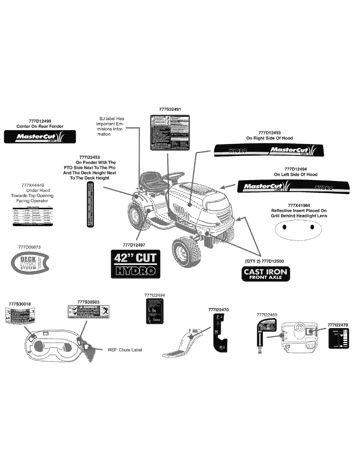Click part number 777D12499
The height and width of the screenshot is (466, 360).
coord(40,121)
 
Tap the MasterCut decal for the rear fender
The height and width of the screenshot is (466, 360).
coord(40,137)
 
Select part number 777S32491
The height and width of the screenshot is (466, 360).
coord(170,110)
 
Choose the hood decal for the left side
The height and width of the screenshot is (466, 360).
coord(285,186)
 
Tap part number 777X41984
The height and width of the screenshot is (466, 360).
coord(299,205)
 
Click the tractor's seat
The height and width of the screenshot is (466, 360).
coord(152,179)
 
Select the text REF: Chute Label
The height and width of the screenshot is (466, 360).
coord(125,350)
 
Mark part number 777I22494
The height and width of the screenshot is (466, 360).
coord(154,296)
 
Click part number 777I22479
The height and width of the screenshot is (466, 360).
coord(337,325)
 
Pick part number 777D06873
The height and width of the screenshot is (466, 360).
coord(29,247)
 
